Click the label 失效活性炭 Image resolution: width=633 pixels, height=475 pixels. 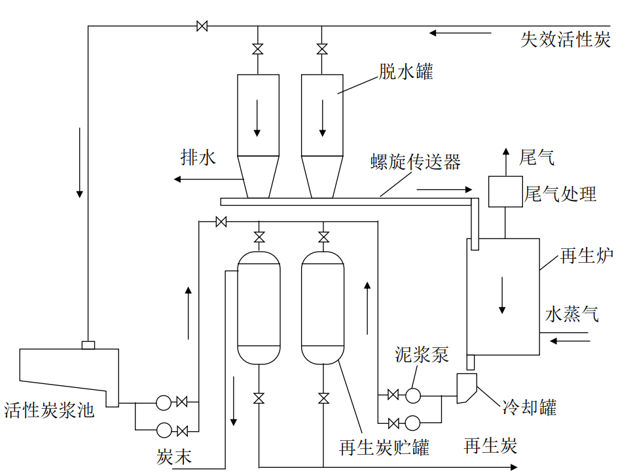coord(566,40)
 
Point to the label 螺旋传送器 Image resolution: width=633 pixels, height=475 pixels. coord(415,162)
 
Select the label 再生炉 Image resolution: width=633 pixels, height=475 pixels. coord(587,256)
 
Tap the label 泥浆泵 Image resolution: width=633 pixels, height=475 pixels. coord(422,354)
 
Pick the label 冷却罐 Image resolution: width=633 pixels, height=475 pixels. coord(529,408)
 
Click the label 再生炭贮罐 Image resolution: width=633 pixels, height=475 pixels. coord(384,448)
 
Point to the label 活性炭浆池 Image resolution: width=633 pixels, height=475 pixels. coord(49,411)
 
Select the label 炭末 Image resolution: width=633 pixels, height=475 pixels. coord(174,457)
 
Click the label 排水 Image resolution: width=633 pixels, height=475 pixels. coord(198,158)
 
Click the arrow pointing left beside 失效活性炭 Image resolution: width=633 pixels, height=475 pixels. coord(461,32)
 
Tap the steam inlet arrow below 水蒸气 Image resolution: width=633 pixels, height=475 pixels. coord(570,340)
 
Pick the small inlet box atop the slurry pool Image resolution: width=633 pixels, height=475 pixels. coord(88,345)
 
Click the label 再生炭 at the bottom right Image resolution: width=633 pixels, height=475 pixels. coord(490,446)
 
